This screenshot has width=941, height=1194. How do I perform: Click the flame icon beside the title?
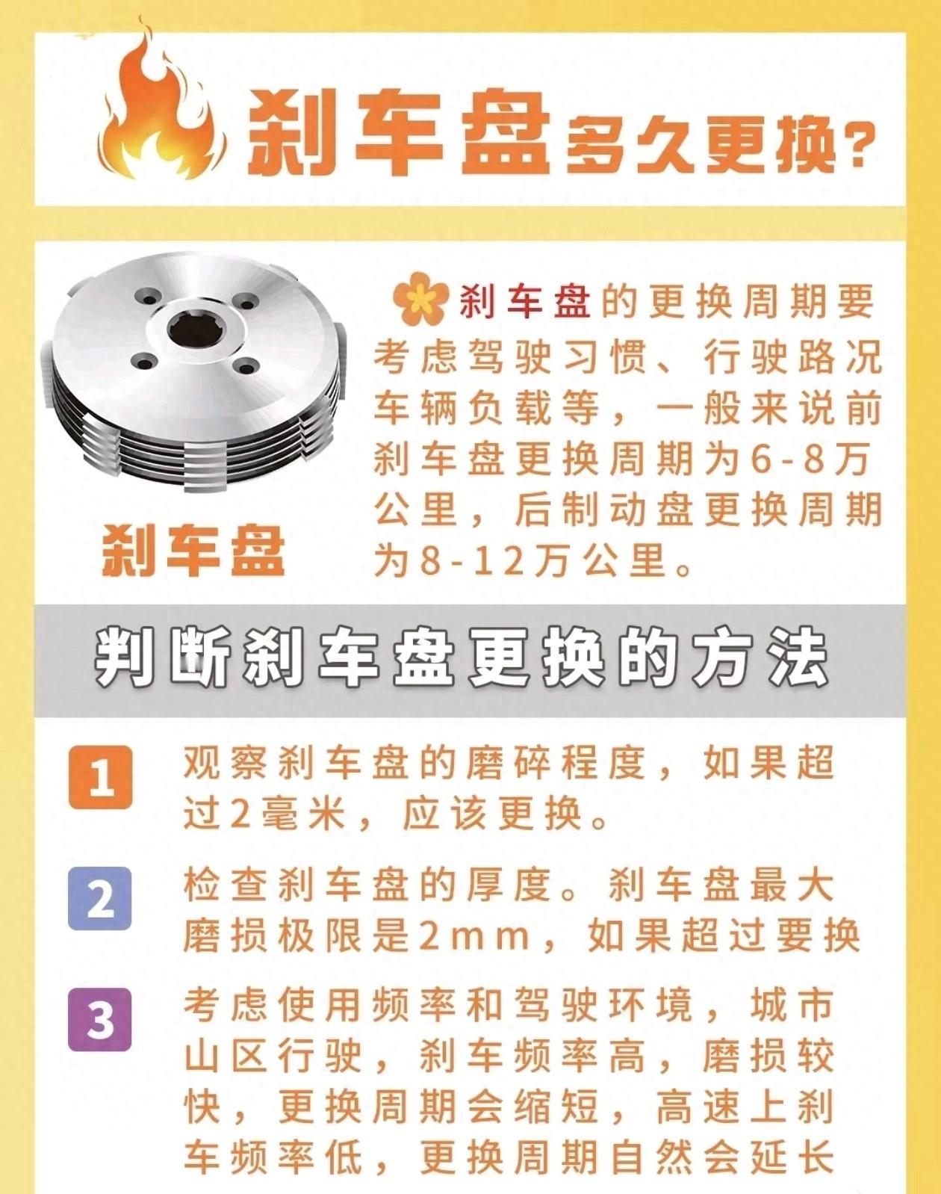[161, 105]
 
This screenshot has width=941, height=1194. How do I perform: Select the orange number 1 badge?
[100, 777]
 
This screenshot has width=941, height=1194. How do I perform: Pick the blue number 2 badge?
[100, 898]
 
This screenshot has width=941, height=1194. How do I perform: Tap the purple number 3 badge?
[100, 1020]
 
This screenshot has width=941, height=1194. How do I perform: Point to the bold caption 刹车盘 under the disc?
[193, 549]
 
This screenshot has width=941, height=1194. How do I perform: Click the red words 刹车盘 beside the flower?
[525, 302]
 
